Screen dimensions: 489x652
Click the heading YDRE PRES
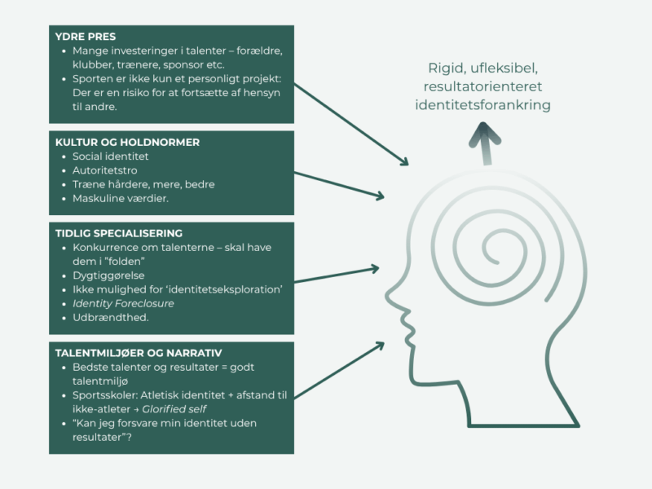(86, 36)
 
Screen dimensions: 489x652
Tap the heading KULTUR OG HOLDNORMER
(126, 142)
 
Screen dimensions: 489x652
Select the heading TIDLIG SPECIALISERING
(119, 233)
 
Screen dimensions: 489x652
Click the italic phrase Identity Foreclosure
(123, 303)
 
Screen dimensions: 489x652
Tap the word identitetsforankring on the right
(482, 105)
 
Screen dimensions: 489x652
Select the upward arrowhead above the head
(487, 132)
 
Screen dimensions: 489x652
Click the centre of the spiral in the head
(491, 243)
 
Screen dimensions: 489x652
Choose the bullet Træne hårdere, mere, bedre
(143, 184)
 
